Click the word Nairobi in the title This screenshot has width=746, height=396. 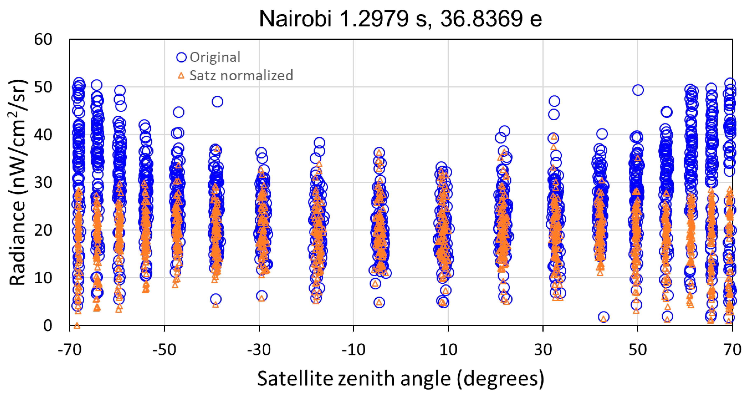pyautogui.click(x=295, y=19)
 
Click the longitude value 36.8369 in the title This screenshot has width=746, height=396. pyautogui.click(x=481, y=19)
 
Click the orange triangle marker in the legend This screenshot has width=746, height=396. pyautogui.click(x=181, y=76)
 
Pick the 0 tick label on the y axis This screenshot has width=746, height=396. pyautogui.click(x=48, y=325)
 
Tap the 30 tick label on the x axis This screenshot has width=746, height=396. pyautogui.click(x=543, y=350)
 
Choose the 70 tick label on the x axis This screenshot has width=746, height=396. pyautogui.click(x=732, y=350)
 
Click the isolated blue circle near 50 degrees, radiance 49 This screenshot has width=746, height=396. pyautogui.click(x=638, y=90)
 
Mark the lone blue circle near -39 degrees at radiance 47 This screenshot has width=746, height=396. pyautogui.click(x=217, y=102)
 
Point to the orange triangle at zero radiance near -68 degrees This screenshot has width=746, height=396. pyautogui.click(x=77, y=326)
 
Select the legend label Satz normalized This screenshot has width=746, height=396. pyautogui.click(x=241, y=75)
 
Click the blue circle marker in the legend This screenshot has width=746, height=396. pyautogui.click(x=181, y=57)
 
